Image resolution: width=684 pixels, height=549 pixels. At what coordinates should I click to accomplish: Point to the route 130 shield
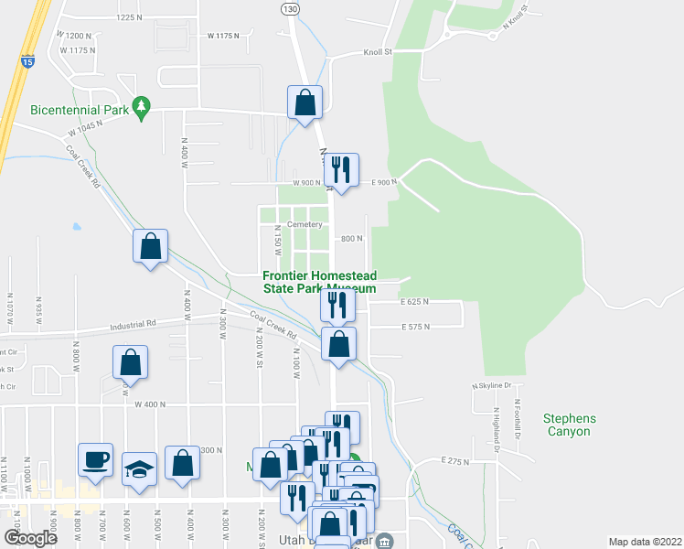(289, 8)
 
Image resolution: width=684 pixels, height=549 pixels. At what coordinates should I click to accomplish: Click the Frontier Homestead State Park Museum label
(319, 282)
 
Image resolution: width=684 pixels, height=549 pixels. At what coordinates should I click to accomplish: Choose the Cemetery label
(305, 224)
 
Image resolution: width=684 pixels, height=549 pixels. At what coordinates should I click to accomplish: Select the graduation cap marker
(139, 468)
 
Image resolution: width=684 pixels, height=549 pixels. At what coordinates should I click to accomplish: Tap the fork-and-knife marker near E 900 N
(341, 170)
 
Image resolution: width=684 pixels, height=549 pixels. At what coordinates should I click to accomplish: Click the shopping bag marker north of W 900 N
(305, 102)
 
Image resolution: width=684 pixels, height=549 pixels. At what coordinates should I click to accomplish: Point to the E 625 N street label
(414, 301)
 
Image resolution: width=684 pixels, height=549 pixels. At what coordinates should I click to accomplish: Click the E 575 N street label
(414, 327)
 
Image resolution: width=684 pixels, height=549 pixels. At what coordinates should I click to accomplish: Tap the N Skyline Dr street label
(490, 385)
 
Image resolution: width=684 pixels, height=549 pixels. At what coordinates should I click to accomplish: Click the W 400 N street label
(150, 404)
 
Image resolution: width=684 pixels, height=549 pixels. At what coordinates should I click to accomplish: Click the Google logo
(30, 538)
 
